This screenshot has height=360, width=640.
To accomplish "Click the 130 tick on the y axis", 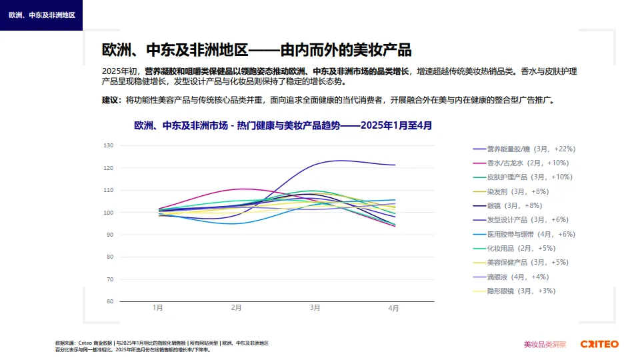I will [x=109, y=145].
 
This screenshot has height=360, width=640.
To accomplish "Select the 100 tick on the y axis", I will [x=109, y=213].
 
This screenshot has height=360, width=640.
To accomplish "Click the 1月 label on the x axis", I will [x=158, y=308].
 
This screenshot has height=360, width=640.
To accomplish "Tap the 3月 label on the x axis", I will [x=315, y=308].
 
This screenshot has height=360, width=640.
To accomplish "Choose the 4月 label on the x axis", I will [x=393, y=308].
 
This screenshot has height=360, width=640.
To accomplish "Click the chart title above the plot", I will [x=283, y=125].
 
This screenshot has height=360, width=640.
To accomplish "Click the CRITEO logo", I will [x=599, y=344].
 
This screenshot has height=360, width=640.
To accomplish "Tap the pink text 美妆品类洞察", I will [x=545, y=344].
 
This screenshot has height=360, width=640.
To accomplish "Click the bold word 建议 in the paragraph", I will [x=111, y=100].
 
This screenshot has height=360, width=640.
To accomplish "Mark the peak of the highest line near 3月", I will [x=341, y=160].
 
